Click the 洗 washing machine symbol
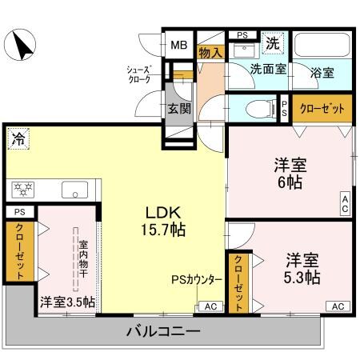(x=273, y=42)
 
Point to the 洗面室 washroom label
(x=267, y=70)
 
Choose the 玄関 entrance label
(x=178, y=109)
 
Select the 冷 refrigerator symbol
(x=18, y=138)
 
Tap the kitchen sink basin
(x=77, y=190)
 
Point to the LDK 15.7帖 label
(x=166, y=221)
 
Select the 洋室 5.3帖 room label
(x=302, y=269)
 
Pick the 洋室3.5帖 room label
(x=67, y=302)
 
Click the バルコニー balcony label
(x=163, y=330)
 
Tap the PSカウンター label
(x=197, y=280)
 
